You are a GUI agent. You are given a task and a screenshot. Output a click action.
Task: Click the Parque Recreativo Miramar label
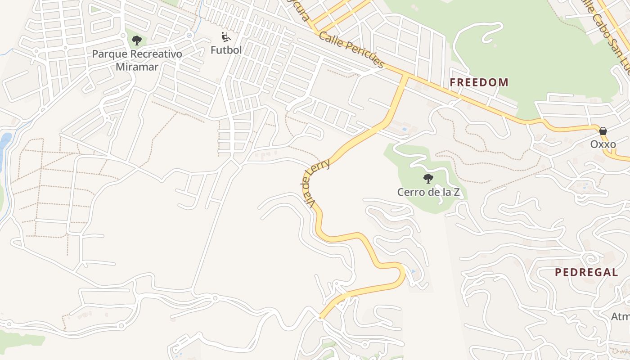pyautogui.click(x=137, y=60)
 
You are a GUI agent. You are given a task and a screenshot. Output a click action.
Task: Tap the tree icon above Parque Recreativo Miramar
pyautogui.click(x=137, y=40)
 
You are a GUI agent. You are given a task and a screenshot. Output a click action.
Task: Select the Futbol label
pyautogui.click(x=226, y=50)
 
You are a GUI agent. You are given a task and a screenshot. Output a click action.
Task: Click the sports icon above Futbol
pyautogui.click(x=226, y=36)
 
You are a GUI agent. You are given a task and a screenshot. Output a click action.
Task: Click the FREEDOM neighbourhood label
pyautogui.click(x=479, y=82)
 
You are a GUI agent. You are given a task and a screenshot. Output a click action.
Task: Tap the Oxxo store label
pyautogui.click(x=603, y=144)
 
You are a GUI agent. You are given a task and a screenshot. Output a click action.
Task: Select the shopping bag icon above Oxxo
pyautogui.click(x=603, y=131)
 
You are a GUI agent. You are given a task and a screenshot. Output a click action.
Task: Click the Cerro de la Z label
pyautogui.click(x=428, y=192)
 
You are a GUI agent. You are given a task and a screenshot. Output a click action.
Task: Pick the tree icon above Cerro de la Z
pyautogui.click(x=428, y=179)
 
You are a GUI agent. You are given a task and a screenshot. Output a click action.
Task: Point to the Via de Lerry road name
pyautogui.click(x=317, y=182)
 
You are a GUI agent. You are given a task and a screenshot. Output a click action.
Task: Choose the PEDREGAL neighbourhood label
pyautogui.click(x=586, y=272)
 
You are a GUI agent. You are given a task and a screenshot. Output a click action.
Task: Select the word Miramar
pyautogui.click(x=137, y=67)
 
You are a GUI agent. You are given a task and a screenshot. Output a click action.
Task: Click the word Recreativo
pyautogui.click(x=153, y=54)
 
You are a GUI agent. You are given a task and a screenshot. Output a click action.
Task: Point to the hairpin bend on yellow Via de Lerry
pyautogui.click(x=402, y=273)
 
